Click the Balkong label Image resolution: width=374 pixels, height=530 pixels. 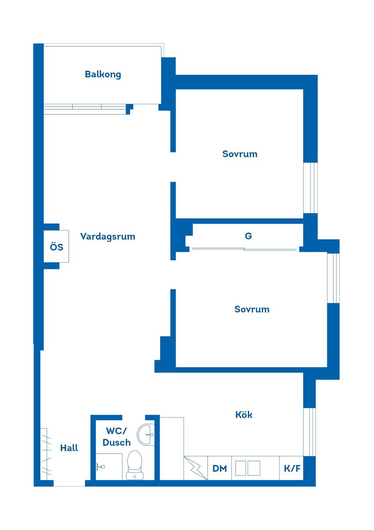click(x=103, y=74)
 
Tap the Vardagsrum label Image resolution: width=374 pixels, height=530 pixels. click(x=108, y=237)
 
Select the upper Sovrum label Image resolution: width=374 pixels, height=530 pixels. click(x=240, y=154)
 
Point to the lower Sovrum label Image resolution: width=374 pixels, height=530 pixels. click(x=252, y=309)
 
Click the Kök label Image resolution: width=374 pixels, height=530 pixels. click(x=244, y=414)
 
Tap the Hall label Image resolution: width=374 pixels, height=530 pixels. click(x=69, y=448)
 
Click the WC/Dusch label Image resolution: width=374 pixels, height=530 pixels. click(x=116, y=437)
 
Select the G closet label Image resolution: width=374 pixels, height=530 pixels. click(x=249, y=236)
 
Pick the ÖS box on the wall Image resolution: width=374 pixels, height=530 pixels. click(x=56, y=246)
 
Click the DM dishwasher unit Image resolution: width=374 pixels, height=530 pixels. click(x=219, y=468)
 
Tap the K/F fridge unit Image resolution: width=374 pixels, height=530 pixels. click(x=291, y=468)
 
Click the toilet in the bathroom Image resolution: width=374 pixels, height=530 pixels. click(x=134, y=465)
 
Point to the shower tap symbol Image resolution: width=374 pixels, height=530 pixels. click(x=101, y=467)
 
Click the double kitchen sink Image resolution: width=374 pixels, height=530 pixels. click(x=248, y=468)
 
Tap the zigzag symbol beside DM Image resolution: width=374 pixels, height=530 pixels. click(x=196, y=468)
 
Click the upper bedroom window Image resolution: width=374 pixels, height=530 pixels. click(x=310, y=188)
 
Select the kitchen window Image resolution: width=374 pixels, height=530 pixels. click(x=309, y=432)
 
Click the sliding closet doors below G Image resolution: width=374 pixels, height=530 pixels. click(x=244, y=249)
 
